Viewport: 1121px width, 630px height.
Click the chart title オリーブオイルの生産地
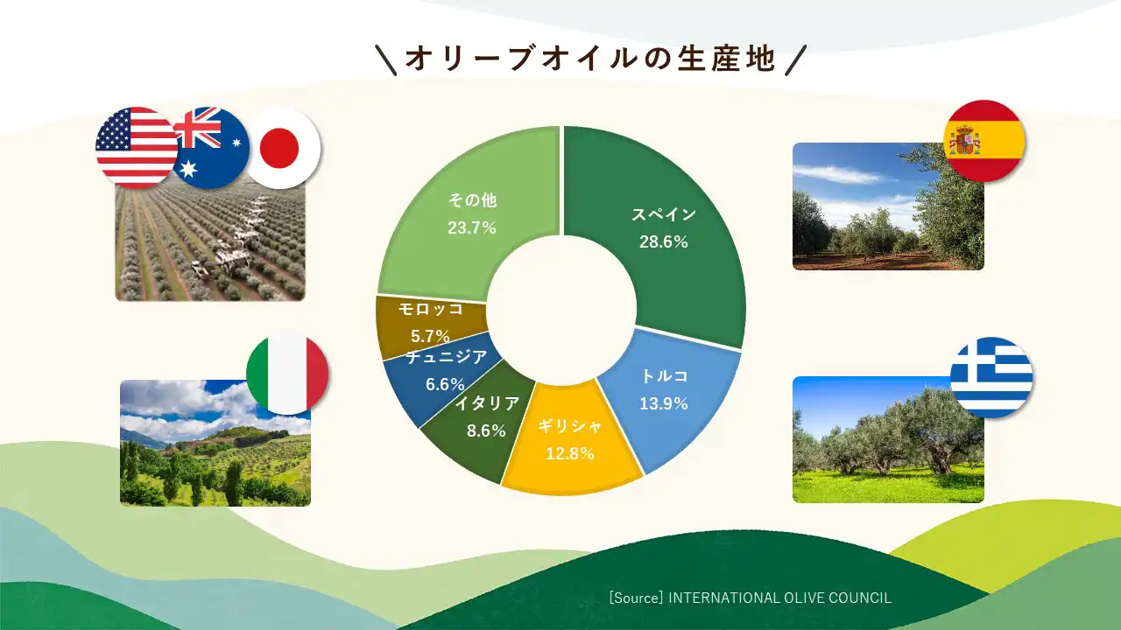[590, 59]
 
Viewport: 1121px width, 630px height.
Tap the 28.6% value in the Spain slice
[664, 242]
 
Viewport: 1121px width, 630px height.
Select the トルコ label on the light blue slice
[665, 376]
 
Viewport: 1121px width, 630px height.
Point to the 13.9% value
[664, 403]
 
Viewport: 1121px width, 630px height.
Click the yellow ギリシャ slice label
[569, 426]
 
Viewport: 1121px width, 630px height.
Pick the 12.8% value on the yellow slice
[570, 453]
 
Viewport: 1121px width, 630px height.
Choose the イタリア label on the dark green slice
[487, 403]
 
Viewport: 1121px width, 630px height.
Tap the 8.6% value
[486, 430]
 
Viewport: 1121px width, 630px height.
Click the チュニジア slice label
[446, 356]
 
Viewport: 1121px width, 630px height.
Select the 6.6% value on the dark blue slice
[445, 384]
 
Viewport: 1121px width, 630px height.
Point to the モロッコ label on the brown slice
[430, 309]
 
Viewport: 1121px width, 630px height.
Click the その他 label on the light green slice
[472, 200]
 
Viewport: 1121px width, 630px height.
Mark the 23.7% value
[472, 228]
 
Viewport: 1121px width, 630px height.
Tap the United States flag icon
[135, 148]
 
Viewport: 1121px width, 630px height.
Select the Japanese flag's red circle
[279, 148]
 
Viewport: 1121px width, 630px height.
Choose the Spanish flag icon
[984, 141]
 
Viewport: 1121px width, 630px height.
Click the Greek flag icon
[991, 377]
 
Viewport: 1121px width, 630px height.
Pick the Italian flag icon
[287, 374]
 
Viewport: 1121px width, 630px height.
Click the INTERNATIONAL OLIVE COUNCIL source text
[779, 598]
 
